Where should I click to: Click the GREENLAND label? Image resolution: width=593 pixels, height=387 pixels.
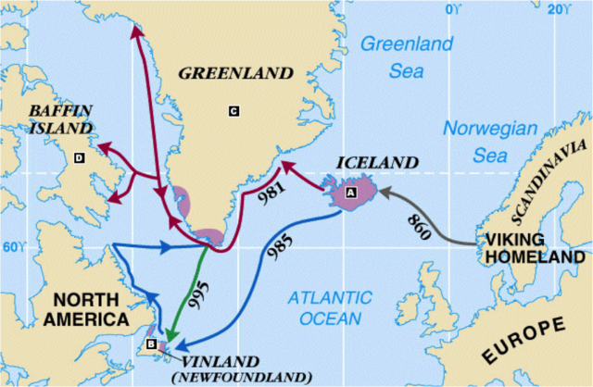[235, 72]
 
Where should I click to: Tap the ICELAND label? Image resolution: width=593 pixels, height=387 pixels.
[376, 163]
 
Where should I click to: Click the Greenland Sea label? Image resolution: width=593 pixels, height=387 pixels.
[407, 56]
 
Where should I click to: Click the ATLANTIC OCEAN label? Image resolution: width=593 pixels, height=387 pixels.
[329, 307]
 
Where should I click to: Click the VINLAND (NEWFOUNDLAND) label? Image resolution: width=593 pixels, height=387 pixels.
[243, 368]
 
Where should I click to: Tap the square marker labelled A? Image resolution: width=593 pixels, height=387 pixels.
[350, 193]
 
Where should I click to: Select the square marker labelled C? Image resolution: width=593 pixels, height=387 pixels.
[233, 111]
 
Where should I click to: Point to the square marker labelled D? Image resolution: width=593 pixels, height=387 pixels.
[79, 158]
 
